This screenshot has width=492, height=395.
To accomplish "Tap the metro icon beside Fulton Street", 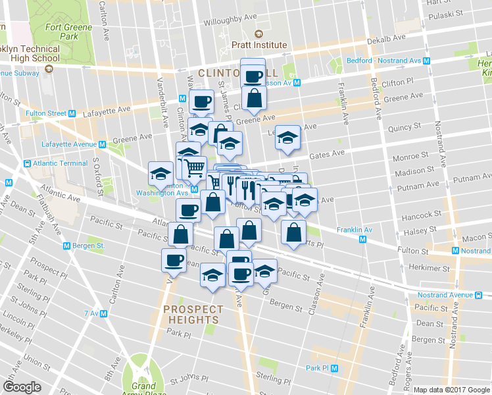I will click(x=71, y=113).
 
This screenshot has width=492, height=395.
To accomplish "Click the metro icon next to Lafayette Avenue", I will click(x=103, y=144).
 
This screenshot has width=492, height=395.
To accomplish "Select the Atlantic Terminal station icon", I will click(x=27, y=163).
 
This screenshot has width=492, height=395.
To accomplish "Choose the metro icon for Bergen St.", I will click(x=66, y=246).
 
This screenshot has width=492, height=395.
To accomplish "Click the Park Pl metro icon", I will click(x=334, y=368).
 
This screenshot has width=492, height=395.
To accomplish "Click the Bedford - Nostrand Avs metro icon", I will click(x=427, y=61).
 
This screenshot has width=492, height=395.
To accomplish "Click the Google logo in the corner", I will click(x=22, y=386).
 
